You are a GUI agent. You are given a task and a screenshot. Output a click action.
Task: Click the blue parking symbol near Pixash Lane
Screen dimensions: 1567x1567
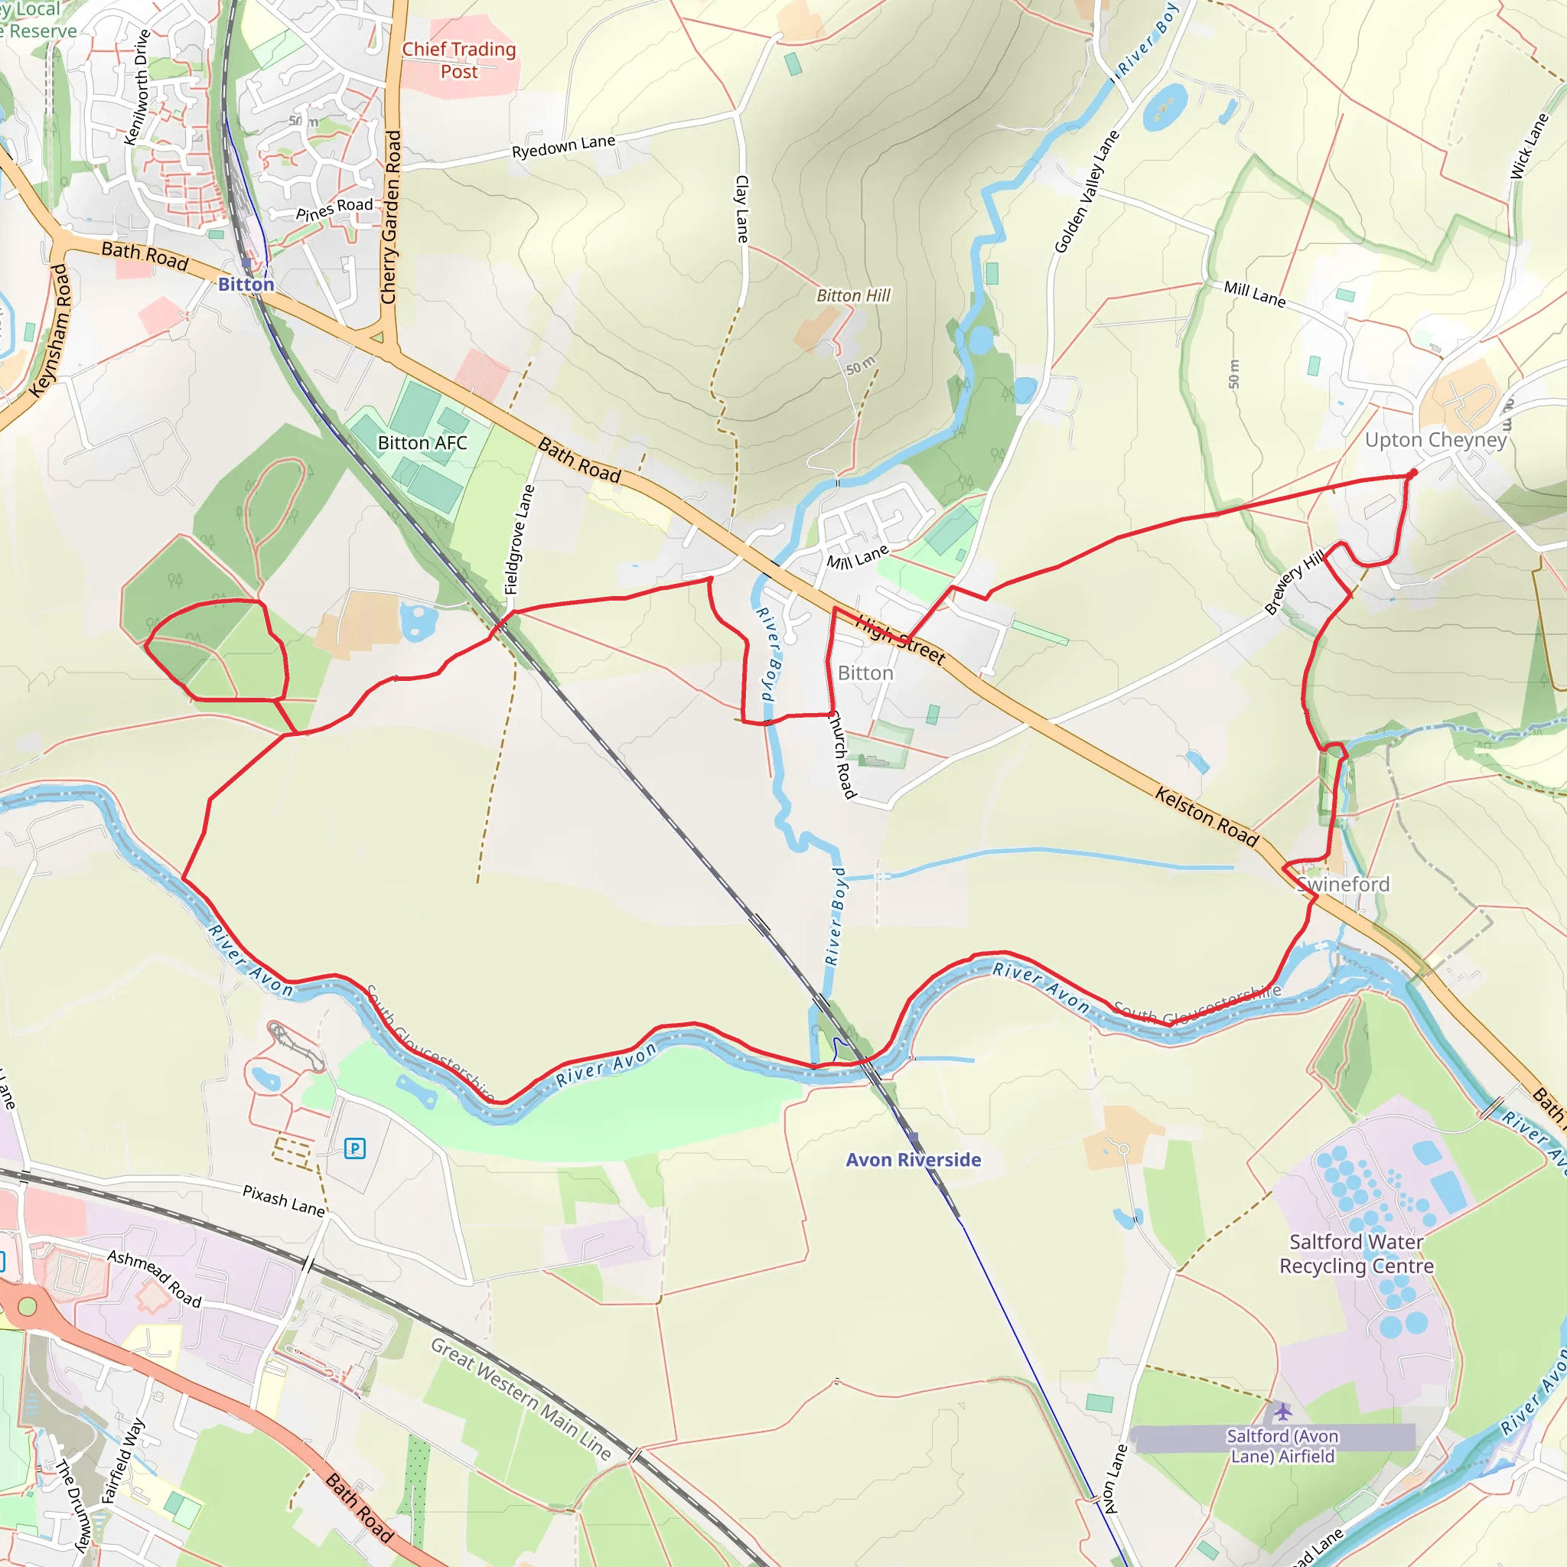354,1148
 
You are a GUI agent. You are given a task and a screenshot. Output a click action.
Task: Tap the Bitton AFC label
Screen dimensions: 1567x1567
422,443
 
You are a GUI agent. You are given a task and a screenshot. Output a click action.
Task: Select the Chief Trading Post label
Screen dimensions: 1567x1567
459,60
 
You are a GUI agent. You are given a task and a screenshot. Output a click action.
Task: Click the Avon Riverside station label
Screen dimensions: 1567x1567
914,1160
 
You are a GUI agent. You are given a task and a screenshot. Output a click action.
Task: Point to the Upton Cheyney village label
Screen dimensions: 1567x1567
1435,440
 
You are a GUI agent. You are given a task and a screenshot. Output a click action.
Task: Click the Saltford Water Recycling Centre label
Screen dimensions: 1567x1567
1356,1254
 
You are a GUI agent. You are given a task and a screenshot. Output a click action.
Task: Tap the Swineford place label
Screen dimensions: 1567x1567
1343,884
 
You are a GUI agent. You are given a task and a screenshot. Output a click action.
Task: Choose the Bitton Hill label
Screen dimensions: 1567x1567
853,295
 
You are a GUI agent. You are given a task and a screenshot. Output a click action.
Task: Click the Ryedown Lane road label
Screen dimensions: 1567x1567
564,146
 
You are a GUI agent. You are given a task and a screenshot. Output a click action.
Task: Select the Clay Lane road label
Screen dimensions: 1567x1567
742,208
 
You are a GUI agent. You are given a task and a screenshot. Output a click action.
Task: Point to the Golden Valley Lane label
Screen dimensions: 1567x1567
1086,191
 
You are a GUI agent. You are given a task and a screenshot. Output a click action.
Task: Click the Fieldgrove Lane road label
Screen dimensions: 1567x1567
520,539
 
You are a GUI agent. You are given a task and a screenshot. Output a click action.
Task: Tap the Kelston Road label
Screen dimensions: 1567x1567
1207,816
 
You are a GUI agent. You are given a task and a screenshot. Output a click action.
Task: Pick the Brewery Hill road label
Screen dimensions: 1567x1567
1295,581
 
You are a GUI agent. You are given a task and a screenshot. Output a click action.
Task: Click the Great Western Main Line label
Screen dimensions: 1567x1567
521,1399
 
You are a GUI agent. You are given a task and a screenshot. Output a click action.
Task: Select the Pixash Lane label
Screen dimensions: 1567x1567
284,1200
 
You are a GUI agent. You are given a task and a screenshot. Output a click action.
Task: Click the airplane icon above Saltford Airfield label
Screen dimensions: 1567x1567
1282,1412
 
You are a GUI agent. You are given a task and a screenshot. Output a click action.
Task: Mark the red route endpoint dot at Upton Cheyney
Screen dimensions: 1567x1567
1414,473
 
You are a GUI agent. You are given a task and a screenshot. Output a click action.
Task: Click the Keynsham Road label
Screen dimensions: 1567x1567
50,330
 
